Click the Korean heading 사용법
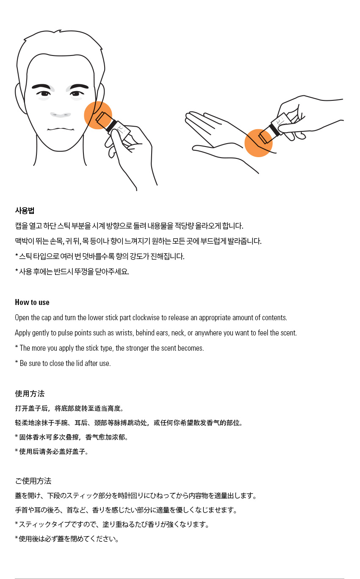point(25,211)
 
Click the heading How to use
point(32,302)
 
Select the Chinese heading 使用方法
point(30,393)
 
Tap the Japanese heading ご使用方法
point(33,481)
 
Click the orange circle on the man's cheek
point(98,115)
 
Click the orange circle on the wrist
point(258,143)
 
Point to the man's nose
point(61,114)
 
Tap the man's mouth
point(61,130)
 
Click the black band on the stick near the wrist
point(274,130)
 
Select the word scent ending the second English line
point(289,332)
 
